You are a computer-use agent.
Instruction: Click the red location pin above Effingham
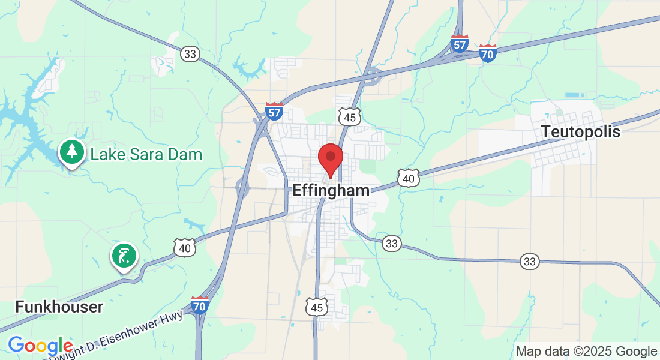point(330,158)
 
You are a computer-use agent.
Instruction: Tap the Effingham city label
point(331,191)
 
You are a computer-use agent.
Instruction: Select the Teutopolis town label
point(580,132)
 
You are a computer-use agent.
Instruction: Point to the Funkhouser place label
point(59,307)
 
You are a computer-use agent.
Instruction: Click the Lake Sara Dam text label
point(146,155)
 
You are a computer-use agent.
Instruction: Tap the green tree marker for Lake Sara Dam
point(72,152)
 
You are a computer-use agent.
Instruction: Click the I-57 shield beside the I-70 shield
point(460,43)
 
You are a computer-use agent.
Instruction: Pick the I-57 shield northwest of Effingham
point(274,111)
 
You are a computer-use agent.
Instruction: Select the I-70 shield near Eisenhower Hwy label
point(200,305)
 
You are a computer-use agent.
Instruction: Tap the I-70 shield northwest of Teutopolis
point(488,53)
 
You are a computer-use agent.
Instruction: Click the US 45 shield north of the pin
point(349,116)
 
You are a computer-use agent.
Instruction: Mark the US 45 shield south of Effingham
point(316,307)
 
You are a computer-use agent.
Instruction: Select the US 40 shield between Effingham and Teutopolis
point(408,178)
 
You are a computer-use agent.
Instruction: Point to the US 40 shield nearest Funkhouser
point(185,247)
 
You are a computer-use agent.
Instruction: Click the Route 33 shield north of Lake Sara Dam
point(190,54)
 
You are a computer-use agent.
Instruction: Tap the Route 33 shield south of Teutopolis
point(530,261)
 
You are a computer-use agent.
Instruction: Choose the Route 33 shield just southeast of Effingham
point(392,243)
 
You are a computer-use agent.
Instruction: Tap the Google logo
point(40,346)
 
